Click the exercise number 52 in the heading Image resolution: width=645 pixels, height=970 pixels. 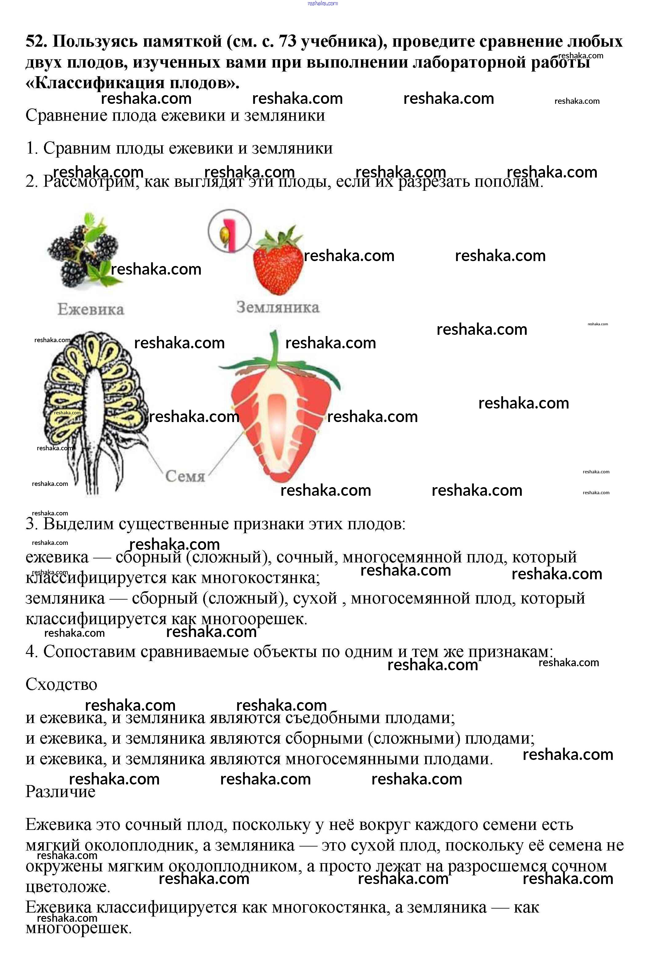click(x=37, y=41)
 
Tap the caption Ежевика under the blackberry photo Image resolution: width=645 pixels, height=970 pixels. click(x=90, y=309)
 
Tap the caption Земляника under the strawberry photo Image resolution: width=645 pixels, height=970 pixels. click(x=278, y=307)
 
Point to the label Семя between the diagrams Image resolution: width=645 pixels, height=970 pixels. click(x=185, y=476)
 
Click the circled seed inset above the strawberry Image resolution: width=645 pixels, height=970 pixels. click(x=229, y=231)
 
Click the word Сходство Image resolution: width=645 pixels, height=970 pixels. click(x=61, y=684)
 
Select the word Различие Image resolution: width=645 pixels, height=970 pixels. click(x=61, y=791)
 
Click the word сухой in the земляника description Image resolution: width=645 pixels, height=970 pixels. click(x=315, y=598)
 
